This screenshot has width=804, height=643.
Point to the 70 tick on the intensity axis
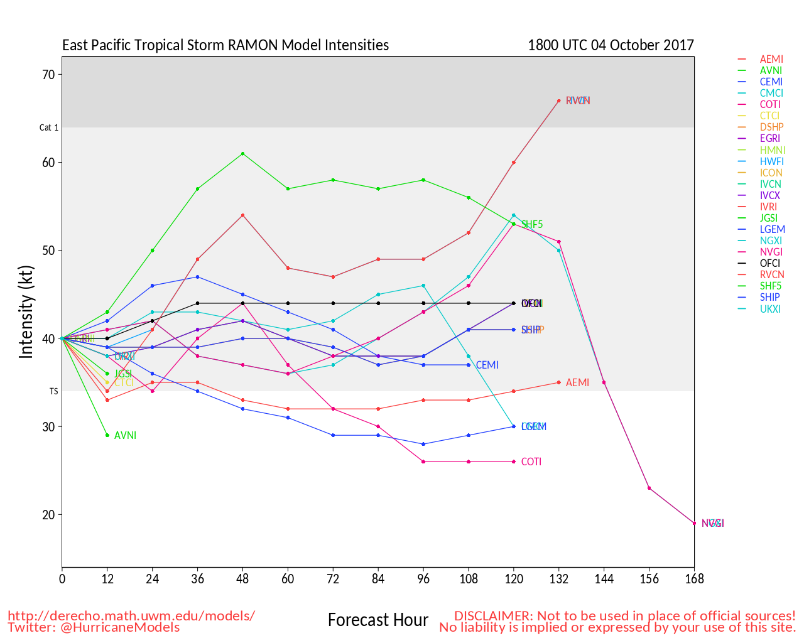click(48, 75)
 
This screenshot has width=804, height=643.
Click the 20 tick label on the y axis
click(48, 515)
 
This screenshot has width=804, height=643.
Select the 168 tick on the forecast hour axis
click(694, 579)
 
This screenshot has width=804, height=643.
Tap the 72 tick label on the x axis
click(333, 579)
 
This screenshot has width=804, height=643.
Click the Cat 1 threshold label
click(49, 127)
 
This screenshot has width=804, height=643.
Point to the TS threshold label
click(54, 391)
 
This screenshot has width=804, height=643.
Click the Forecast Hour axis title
click(378, 620)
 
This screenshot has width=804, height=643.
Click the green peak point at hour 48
click(242, 154)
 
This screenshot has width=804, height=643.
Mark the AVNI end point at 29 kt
click(107, 435)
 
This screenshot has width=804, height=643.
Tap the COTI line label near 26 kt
click(531, 462)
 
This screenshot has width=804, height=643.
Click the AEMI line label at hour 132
click(577, 382)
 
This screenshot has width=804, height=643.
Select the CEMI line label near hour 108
click(487, 365)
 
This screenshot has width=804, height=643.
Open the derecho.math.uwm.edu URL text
click(131, 615)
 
